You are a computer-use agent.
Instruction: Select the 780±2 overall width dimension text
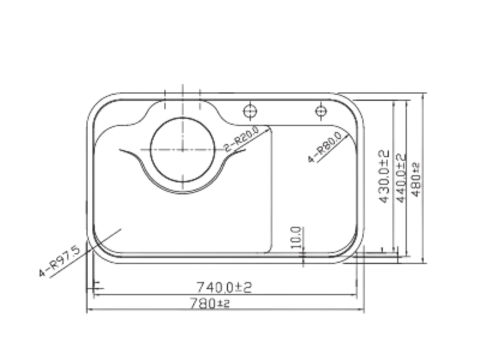tap(211, 303)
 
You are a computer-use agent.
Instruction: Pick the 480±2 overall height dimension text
tap(417, 178)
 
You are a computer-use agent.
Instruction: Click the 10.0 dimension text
tap(296, 237)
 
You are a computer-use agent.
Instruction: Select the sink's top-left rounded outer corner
tap(100, 105)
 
